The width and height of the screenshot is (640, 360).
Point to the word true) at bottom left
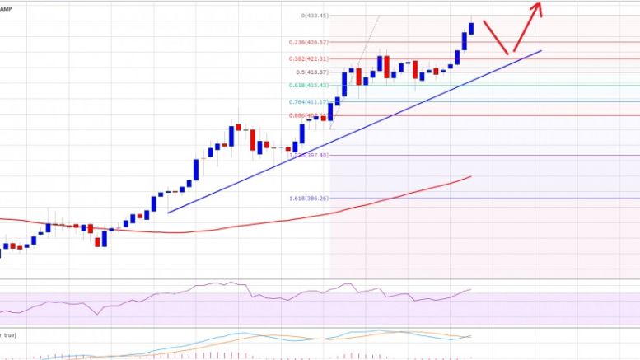coord(11,334)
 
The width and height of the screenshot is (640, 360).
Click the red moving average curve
coord(247,224)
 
